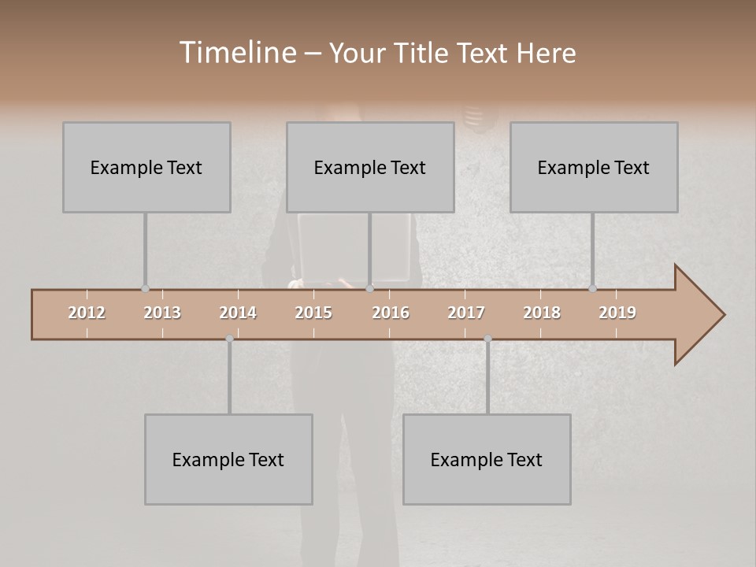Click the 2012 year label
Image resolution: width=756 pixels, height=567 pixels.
tap(87, 313)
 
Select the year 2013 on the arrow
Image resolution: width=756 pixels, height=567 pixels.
tap(162, 313)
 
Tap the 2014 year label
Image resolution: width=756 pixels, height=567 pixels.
tap(238, 313)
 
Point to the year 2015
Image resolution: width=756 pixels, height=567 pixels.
tap(313, 313)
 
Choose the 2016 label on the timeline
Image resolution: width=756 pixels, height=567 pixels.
tap(391, 313)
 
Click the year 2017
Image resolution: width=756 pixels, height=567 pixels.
tap(466, 313)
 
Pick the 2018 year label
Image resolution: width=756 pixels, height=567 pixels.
tap(542, 313)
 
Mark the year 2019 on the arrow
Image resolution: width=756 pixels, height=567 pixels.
tap(617, 313)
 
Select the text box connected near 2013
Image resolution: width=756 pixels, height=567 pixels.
tap(146, 167)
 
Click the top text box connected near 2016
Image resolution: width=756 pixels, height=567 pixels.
tap(370, 167)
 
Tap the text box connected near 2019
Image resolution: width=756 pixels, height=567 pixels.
tap(594, 167)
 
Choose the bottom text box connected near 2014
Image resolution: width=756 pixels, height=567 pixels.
tap(228, 459)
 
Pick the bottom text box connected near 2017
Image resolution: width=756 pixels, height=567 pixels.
tap(487, 459)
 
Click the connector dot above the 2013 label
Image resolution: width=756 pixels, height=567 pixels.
tap(145, 289)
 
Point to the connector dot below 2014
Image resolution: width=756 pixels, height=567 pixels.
tap(229, 339)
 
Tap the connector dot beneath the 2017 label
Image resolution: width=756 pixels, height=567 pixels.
tap(487, 339)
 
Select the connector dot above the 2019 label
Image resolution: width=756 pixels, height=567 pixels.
tap(592, 289)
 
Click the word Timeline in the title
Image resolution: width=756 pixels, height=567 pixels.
tap(237, 53)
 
